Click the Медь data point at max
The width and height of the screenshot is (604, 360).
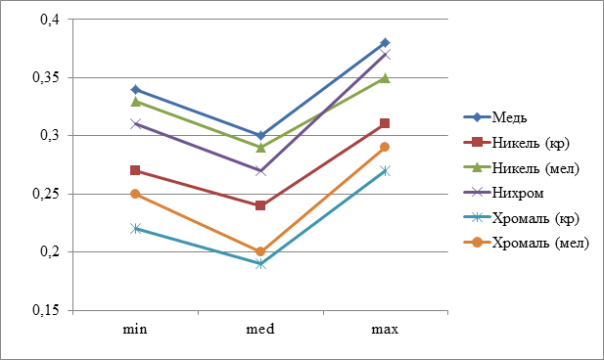385,42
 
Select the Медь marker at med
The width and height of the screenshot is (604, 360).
260,136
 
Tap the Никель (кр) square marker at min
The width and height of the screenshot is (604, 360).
135,170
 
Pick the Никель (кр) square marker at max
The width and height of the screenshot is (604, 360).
385,123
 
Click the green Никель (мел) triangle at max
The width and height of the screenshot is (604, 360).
385,78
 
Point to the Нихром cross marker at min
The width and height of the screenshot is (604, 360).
135,124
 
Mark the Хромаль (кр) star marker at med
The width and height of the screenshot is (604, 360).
260,264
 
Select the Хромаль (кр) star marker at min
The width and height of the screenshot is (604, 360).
135,229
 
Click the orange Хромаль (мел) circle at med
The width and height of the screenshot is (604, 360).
260,251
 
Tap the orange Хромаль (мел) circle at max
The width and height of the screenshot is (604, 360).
385,147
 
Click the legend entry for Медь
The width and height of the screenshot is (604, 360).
495,117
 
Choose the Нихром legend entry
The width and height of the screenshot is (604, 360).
503,193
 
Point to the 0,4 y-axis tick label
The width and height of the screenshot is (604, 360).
50,19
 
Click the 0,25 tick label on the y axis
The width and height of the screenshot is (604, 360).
46,194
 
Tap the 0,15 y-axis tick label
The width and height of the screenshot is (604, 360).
46,310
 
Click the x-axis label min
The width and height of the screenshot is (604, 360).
135,330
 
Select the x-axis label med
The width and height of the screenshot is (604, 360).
260,329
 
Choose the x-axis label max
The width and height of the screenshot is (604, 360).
385,330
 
